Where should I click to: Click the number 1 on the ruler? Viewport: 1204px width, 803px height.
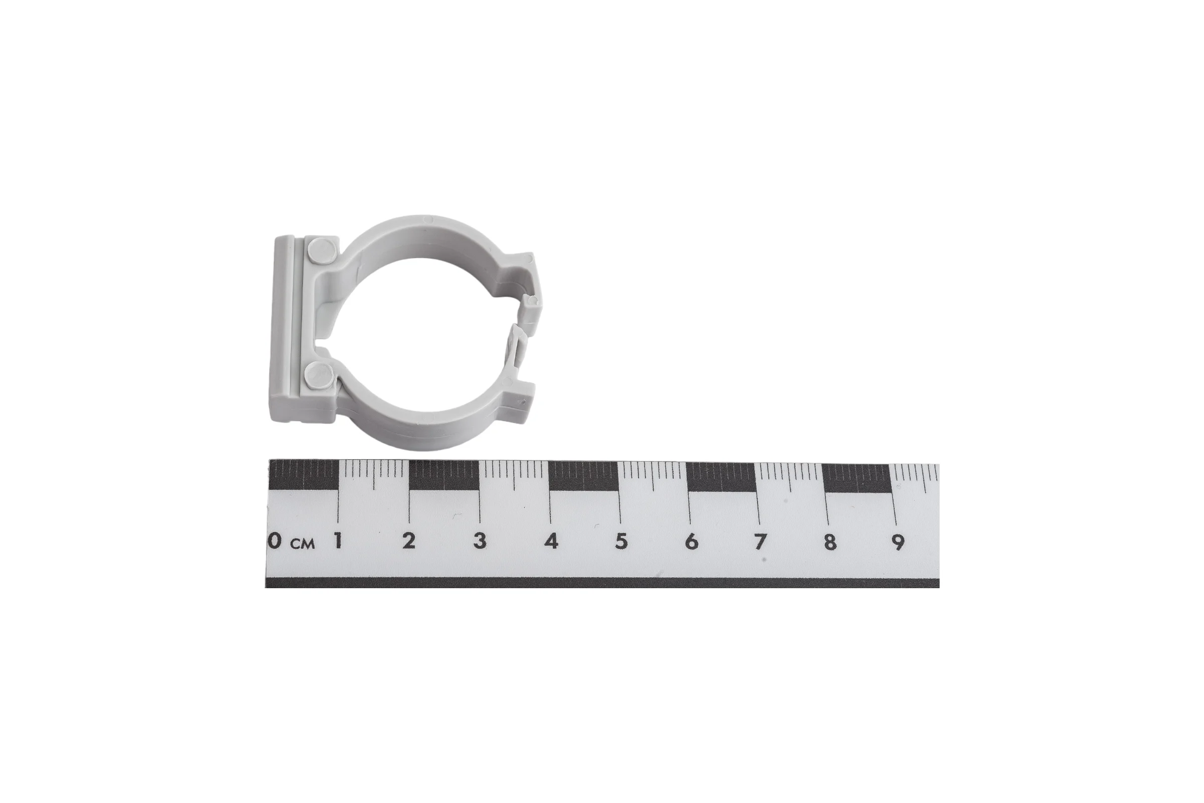coord(338,541)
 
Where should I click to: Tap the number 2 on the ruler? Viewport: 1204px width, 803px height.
coord(408,541)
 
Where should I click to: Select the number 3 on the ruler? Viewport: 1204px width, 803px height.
coord(480,541)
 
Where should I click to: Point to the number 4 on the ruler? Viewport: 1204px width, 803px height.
coord(551,542)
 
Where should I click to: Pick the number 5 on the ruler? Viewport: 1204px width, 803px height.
coord(621,542)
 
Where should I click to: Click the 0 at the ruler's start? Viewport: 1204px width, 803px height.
coord(275,541)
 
